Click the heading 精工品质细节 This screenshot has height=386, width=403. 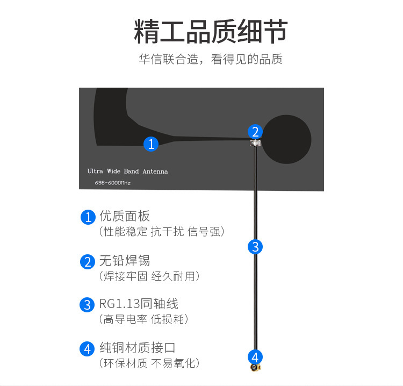tap(211, 32)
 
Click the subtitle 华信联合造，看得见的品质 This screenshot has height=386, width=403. tap(211, 59)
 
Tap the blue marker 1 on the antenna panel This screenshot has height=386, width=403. tap(152, 144)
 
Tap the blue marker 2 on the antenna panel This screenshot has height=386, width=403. tap(255, 131)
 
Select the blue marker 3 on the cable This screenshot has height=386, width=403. tap(255, 247)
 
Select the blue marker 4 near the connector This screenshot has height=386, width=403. tap(255, 356)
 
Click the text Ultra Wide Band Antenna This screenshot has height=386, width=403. tap(127, 171)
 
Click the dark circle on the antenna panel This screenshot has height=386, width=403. tap(286, 140)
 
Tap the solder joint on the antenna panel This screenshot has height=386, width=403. tap(255, 143)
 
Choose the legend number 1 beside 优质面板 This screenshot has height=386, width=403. tap(88, 217)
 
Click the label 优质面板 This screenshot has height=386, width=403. tap(125, 216)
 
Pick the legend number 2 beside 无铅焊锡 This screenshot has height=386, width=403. tap(88, 262)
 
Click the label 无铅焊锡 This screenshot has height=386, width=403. tap(125, 261)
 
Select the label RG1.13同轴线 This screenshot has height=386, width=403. tap(139, 304)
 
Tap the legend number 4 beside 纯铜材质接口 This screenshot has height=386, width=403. tap(88, 348)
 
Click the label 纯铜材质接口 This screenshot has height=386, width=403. tap(138, 348)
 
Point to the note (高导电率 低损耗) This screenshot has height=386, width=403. tap(144, 319)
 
